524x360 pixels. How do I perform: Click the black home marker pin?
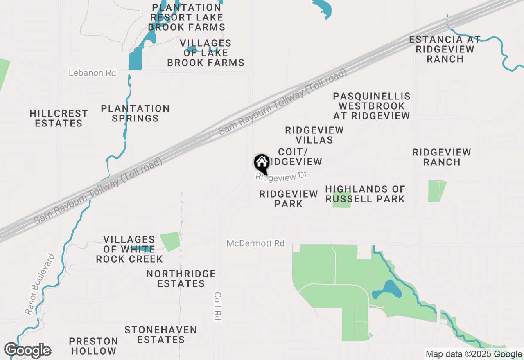262,163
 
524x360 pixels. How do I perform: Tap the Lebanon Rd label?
92,73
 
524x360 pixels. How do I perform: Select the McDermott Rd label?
255,243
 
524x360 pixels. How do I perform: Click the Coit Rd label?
218,306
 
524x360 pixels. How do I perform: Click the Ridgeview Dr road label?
281,176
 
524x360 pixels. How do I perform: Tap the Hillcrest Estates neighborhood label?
59,118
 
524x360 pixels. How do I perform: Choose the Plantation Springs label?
135,113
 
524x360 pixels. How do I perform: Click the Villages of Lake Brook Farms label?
206,53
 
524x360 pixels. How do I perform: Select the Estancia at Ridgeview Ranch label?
445,49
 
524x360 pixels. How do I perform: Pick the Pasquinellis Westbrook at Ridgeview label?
371,106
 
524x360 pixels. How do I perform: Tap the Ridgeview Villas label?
314,135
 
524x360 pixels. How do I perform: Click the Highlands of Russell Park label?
365,194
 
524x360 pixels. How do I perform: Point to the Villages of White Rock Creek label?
129,249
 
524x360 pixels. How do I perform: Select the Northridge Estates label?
181,279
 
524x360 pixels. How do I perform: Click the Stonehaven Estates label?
161,335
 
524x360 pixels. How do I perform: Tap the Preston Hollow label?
93,346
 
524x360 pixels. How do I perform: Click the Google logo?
27,351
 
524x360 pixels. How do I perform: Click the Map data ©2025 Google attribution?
474,354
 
